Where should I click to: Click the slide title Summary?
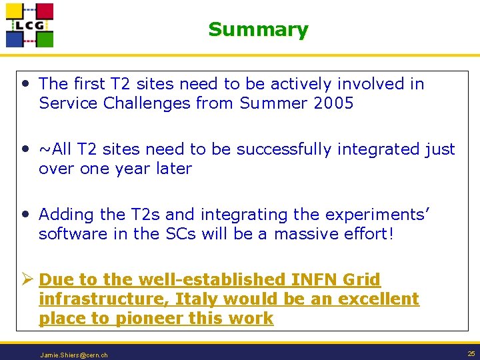(258, 29)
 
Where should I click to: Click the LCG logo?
(29, 25)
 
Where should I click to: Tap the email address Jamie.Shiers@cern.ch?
(73, 355)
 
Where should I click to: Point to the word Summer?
(271, 103)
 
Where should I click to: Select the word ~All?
(55, 149)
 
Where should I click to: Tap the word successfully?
(277, 149)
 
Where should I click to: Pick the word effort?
(370, 234)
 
